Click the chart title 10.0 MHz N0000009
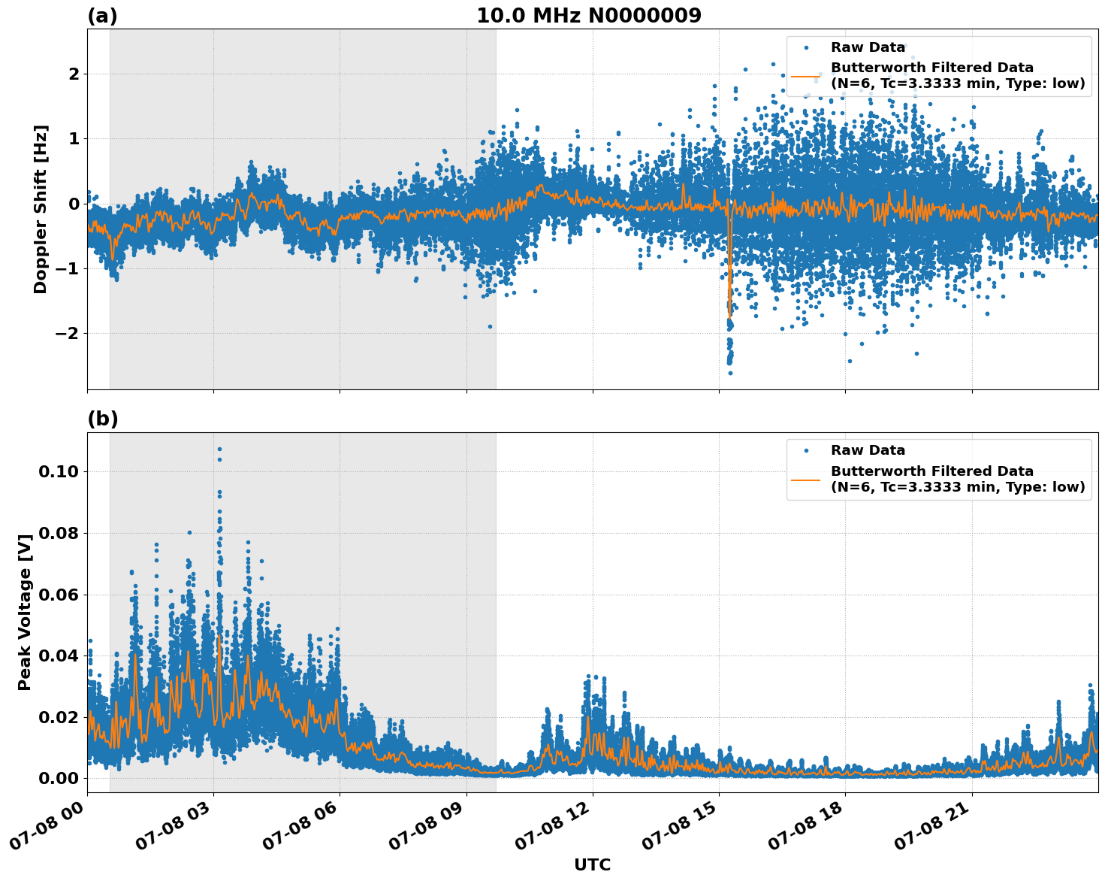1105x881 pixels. (589, 16)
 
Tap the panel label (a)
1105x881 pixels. (102, 16)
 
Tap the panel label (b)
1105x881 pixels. (102, 419)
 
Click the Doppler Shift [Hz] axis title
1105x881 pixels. (41, 209)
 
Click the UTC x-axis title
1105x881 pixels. (592, 864)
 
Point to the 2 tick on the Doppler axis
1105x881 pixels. (74, 74)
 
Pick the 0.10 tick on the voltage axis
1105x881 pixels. (59, 472)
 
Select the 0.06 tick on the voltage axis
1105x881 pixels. (59, 595)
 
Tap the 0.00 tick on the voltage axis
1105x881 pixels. (59, 778)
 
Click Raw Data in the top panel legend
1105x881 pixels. (868, 47)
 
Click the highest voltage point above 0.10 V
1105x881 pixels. (219, 450)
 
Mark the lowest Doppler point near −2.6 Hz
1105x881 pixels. (729, 373)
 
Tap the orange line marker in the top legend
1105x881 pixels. (806, 76)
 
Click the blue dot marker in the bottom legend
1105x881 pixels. (806, 451)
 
